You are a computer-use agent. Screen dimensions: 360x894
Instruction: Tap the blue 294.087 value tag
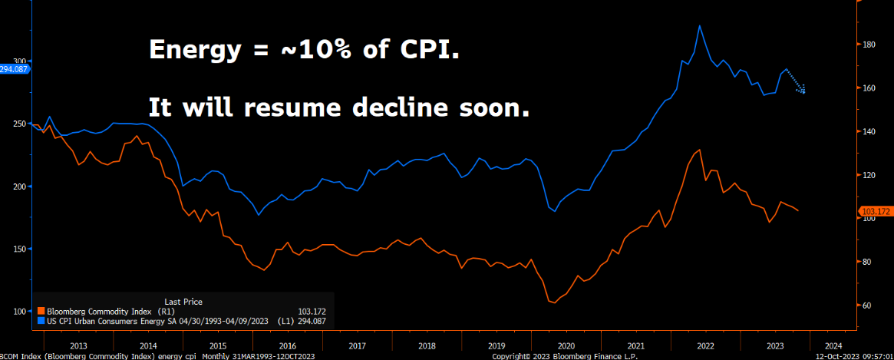(15, 69)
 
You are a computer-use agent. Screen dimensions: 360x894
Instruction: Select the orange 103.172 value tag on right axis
(875, 211)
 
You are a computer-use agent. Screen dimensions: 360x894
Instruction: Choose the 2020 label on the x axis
(566, 345)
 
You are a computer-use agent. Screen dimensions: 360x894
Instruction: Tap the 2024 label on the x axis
(833, 345)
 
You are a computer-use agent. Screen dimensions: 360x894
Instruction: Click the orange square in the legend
(41, 312)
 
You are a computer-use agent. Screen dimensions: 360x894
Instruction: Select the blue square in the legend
(41, 321)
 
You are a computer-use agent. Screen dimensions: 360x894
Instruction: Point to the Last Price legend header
(183, 302)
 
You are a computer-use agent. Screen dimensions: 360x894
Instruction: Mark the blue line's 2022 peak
(699, 25)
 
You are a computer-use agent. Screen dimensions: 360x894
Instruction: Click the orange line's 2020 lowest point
(553, 302)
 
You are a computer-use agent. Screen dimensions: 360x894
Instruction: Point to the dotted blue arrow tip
(802, 91)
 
